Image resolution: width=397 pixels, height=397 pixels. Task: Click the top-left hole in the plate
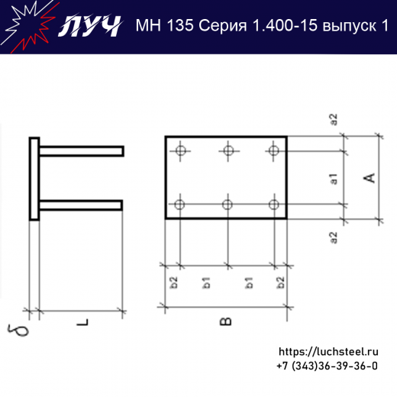[180, 150]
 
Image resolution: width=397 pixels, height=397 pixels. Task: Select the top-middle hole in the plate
[227, 150]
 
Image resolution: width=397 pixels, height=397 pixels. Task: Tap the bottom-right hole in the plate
[273, 204]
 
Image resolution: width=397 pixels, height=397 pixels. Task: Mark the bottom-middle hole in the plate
[227, 204]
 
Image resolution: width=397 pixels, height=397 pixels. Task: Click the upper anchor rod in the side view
[81, 151]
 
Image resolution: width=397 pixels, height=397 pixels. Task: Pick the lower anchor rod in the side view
[81, 204]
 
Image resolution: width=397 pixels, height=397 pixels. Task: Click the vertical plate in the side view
[34, 179]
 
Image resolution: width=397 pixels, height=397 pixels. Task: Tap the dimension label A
[370, 178]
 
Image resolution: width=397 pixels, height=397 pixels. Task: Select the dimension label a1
[334, 179]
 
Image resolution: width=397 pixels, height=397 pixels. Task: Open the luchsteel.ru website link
[329, 352]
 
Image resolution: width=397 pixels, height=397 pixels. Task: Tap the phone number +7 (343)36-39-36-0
[327, 366]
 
